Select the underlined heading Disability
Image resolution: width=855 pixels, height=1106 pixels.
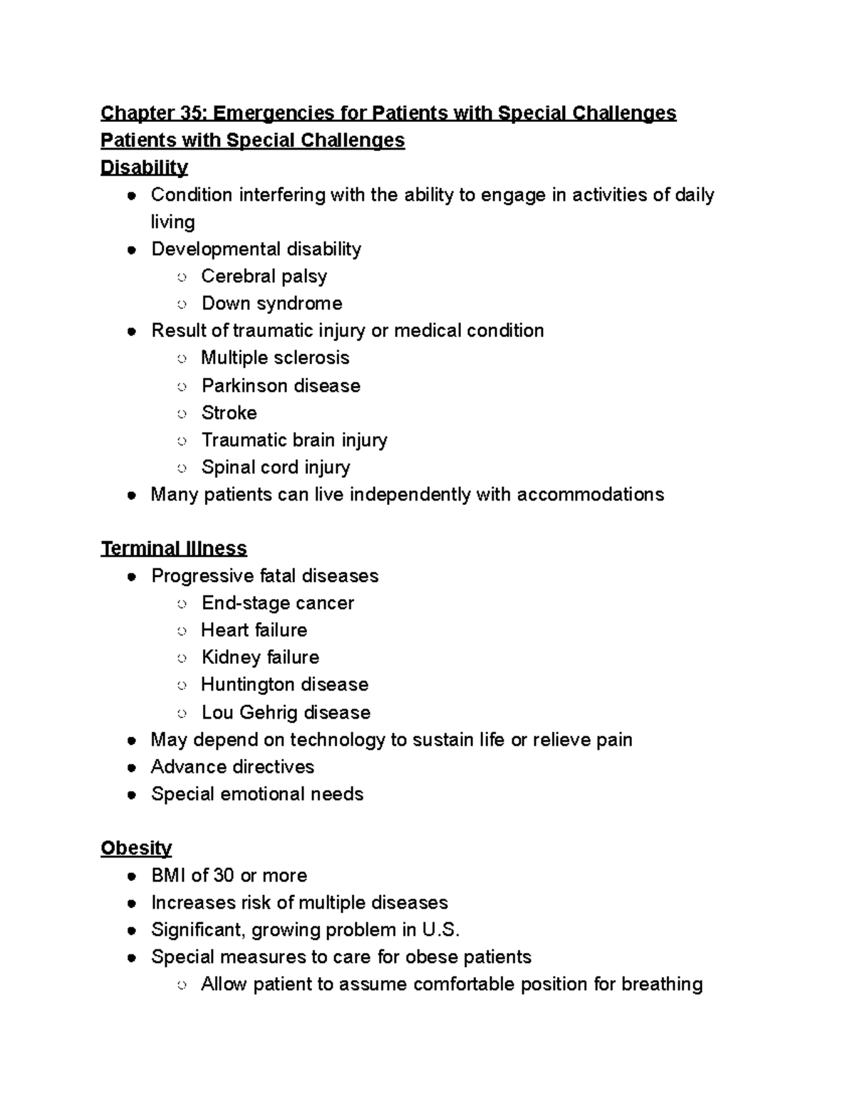point(144,167)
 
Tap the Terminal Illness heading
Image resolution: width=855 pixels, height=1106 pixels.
point(174,548)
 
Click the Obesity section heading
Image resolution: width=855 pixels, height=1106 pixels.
point(136,848)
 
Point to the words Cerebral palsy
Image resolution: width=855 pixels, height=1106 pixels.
point(264,276)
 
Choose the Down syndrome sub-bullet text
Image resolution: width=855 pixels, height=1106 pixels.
point(271,303)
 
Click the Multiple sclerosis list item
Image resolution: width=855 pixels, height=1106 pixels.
point(275,358)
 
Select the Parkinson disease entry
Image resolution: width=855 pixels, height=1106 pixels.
point(281,385)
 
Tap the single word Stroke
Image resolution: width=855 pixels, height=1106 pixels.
point(229,412)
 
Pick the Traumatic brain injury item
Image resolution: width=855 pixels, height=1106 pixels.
point(294,440)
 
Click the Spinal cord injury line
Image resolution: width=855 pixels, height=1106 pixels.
point(276,467)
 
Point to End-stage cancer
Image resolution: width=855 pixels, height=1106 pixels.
point(277,603)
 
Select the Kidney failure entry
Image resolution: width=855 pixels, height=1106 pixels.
point(260,657)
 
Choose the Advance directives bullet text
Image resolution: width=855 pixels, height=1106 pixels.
point(232,767)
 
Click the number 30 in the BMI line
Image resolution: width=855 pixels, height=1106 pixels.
point(223,875)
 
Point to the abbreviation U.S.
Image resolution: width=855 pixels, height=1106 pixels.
point(441,930)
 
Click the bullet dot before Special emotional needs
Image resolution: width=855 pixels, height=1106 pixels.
point(131,795)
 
